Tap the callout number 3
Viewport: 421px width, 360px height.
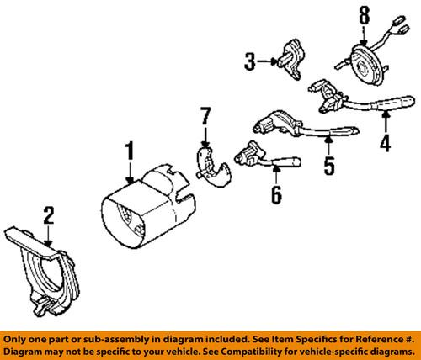click(x=248, y=61)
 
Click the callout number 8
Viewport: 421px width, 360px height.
click(x=364, y=14)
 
